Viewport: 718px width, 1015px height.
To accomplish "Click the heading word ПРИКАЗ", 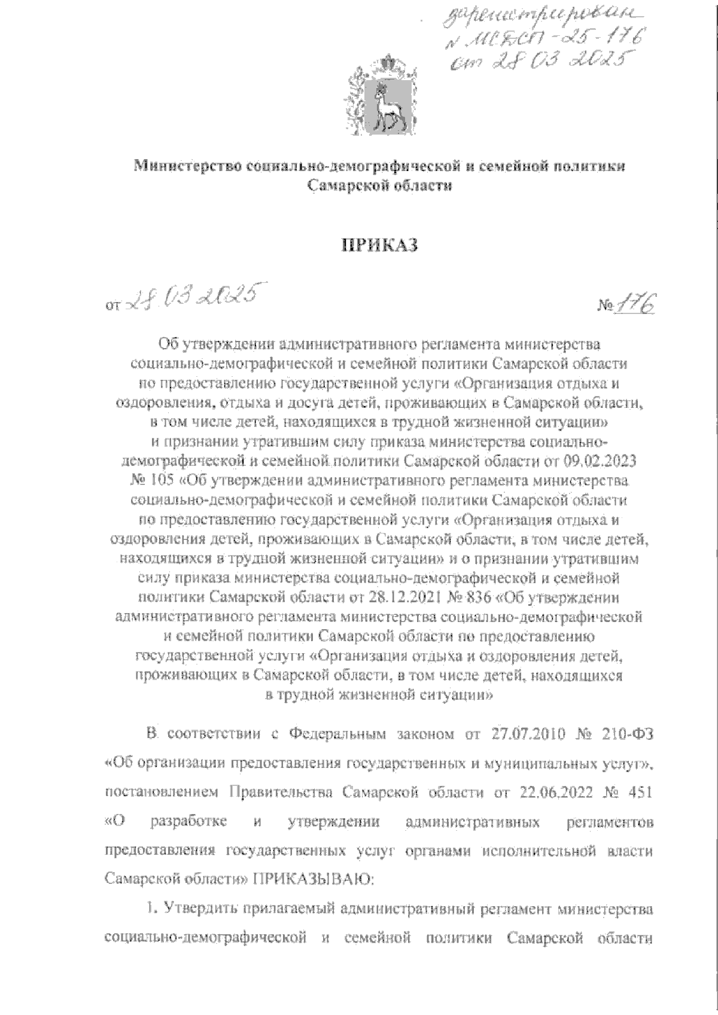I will coord(378,246).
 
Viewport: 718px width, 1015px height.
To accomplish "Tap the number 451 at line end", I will coord(638,793).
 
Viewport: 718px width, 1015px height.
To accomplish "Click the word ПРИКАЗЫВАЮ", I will coord(315,879).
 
